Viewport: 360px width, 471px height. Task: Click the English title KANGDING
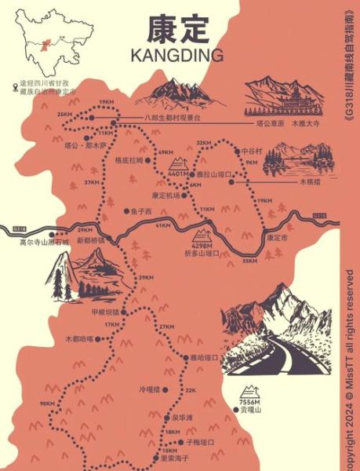point(179,54)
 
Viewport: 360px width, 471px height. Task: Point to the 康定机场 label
point(166,195)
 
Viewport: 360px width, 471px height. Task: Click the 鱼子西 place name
point(140,210)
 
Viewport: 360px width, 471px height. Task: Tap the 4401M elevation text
point(180,172)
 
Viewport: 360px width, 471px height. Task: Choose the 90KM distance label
point(46,403)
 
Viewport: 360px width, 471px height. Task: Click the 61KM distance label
point(163,225)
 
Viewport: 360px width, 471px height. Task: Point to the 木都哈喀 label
point(78,339)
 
